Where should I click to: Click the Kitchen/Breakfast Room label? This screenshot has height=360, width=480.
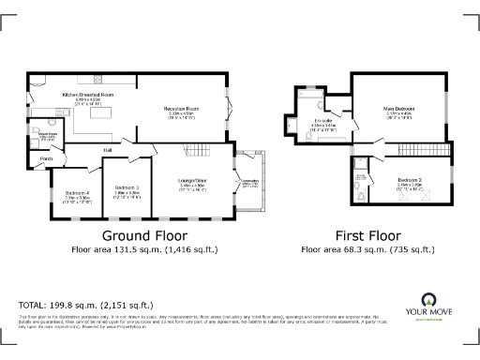coord(87,96)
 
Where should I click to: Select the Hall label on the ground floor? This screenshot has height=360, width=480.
coord(108,149)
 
